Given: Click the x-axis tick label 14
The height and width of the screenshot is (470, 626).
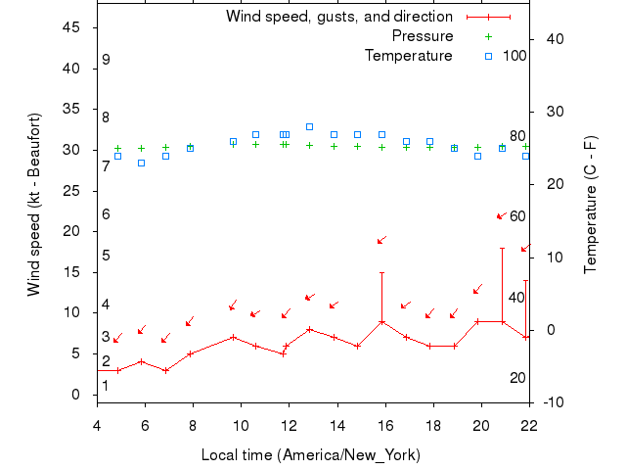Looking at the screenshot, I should [336, 424].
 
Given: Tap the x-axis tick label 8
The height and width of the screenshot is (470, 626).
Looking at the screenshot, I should [193, 424].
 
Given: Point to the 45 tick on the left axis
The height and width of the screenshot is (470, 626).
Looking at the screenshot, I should [71, 27].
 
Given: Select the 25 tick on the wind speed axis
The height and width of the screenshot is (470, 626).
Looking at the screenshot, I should [71, 190].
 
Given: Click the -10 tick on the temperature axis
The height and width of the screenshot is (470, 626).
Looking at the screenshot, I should [553, 402].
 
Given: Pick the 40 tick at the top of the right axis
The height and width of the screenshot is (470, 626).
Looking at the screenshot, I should [553, 39].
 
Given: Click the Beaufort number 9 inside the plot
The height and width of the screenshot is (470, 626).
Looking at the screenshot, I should [106, 61].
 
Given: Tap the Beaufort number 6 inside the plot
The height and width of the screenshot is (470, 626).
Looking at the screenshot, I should [106, 214].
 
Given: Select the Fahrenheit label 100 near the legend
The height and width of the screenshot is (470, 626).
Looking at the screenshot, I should [514, 55].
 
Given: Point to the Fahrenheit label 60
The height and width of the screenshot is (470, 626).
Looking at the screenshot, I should [517, 216].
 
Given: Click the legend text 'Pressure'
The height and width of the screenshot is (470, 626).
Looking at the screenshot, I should [423, 36].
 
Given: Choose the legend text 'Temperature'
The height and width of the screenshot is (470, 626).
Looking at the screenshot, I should [409, 55].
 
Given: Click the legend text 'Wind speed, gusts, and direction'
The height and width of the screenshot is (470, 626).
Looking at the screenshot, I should [338, 17].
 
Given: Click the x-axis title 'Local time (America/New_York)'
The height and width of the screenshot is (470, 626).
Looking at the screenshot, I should [311, 455].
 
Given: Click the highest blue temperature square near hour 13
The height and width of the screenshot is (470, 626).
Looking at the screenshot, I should [309, 126].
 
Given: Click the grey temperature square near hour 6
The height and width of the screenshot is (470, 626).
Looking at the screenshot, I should [142, 163].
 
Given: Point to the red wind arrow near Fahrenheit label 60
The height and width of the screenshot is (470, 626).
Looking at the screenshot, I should [502, 215].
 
